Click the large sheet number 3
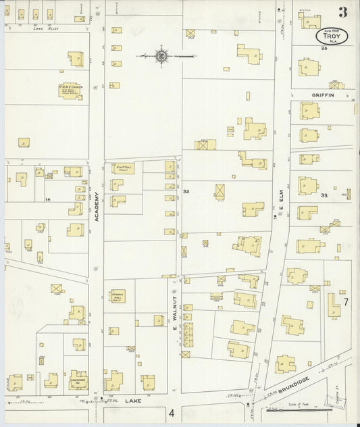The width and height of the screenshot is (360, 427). click(x=343, y=11)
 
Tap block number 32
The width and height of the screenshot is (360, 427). click(x=186, y=193)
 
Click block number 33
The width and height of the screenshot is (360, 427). click(x=324, y=195)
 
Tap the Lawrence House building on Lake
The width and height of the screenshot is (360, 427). click(x=77, y=379)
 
